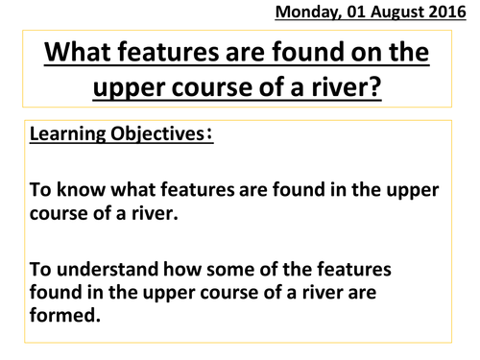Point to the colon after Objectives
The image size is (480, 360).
click(211, 134)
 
